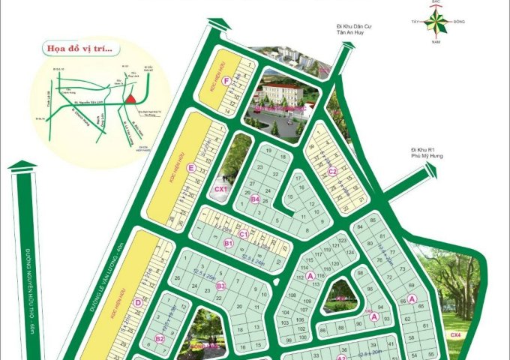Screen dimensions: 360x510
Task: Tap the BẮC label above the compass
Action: [x=436, y=2]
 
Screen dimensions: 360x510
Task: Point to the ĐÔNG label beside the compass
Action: [x=459, y=22]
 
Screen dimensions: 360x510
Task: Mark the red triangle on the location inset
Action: [x=130, y=98]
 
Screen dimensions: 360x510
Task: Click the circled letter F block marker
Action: [x=226, y=80]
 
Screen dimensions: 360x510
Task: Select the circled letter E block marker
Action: [x=193, y=168]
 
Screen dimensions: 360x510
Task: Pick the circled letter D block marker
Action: [x=138, y=302]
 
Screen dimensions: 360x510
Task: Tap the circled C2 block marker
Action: [x=331, y=171]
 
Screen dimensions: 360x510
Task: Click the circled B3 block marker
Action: [x=220, y=286]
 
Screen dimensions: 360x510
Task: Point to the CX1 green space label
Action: [x=220, y=189]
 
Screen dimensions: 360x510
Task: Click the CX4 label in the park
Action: [x=455, y=334]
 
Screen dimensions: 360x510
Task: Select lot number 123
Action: [x=343, y=240]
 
